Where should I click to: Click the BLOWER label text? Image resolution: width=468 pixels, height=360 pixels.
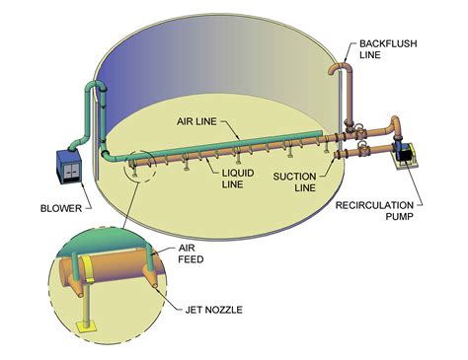pyautogui.click(x=61, y=208)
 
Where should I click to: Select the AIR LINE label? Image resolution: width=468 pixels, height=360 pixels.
pyautogui.click(x=197, y=122)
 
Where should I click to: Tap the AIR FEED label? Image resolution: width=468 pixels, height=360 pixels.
pyautogui.click(x=194, y=254)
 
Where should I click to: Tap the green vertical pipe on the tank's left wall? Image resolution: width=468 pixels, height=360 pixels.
pyautogui.click(x=100, y=118)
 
